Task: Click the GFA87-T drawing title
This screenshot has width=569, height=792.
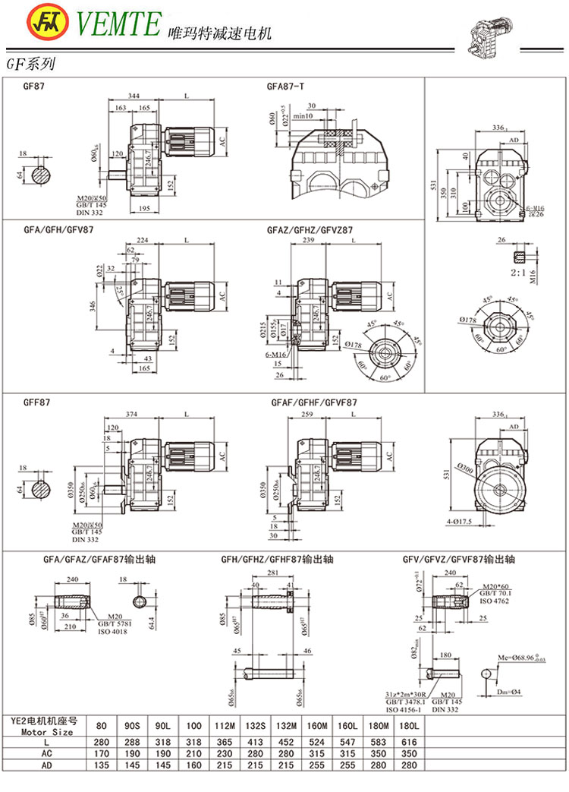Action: pyautogui.click(x=285, y=87)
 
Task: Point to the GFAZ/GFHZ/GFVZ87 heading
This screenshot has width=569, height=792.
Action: pyautogui.click(x=310, y=229)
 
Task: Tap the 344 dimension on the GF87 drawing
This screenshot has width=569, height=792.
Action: pyautogui.click(x=134, y=96)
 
